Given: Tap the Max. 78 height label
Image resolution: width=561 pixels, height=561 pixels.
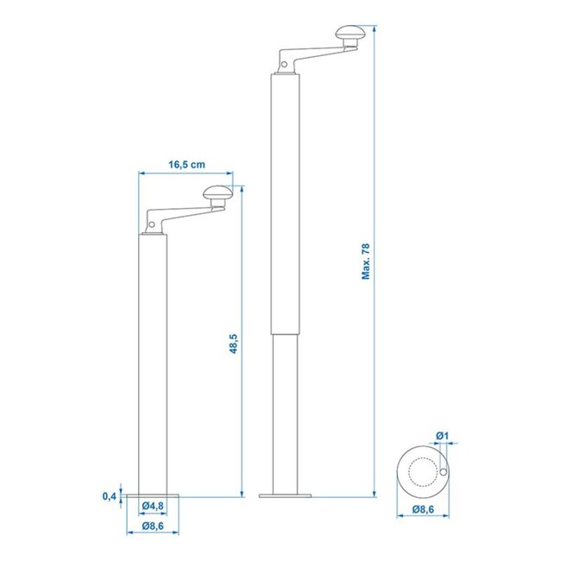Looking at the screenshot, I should tap(366, 262).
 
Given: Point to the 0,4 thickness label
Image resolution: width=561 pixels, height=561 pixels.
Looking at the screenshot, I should tap(109, 495).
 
